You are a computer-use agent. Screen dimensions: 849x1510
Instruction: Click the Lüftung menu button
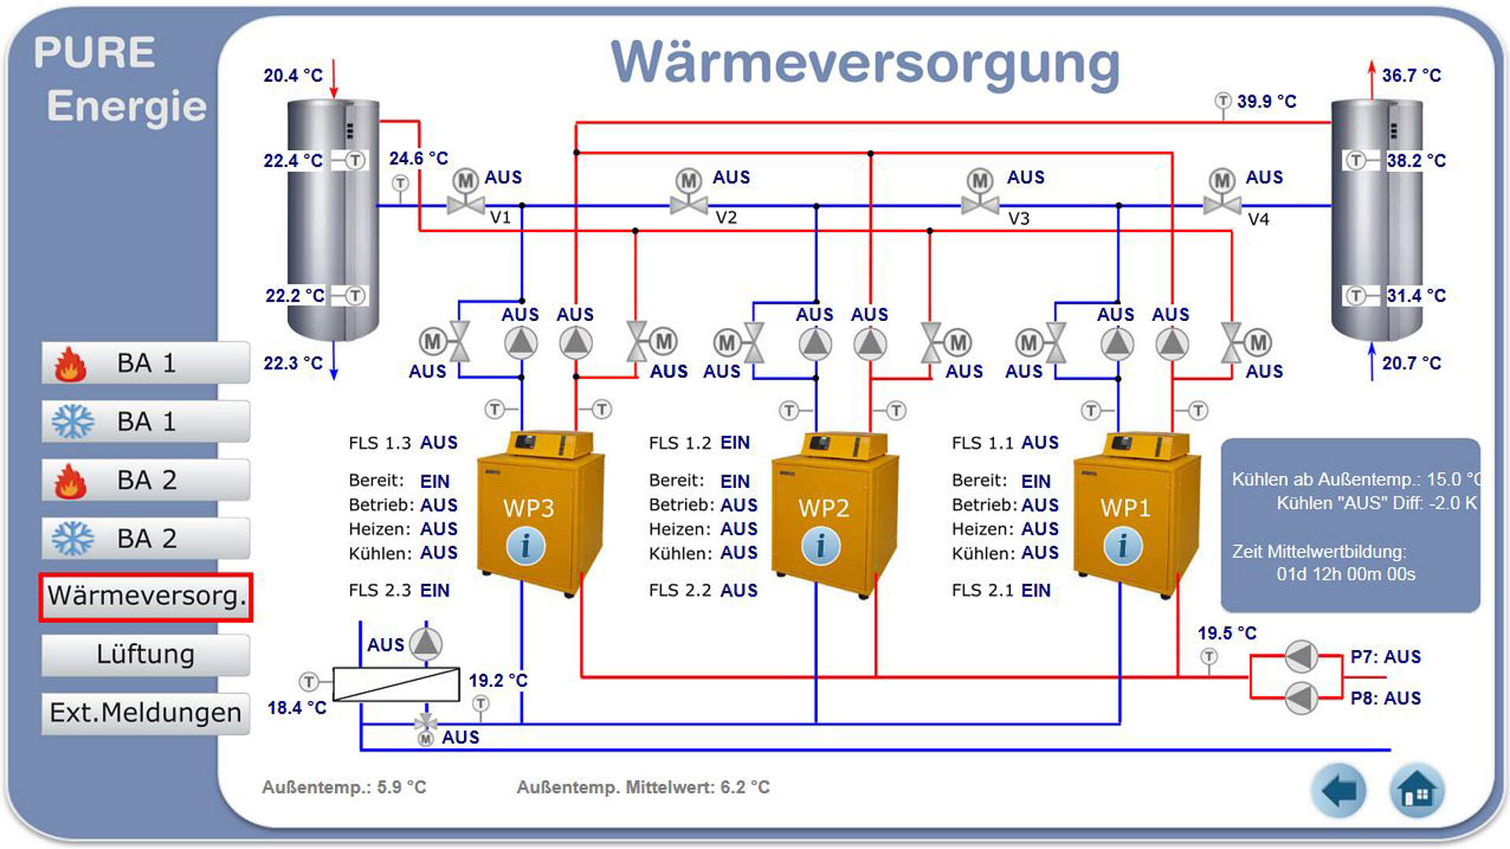[x=145, y=655]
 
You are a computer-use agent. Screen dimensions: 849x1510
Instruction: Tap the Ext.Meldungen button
[x=145, y=713]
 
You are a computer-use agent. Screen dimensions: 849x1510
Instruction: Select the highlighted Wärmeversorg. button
[x=145, y=596]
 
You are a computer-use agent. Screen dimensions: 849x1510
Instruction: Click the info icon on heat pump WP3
[x=525, y=546]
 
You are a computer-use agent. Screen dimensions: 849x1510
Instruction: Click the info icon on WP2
[x=820, y=546]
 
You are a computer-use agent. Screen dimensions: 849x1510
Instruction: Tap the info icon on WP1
[x=1122, y=546]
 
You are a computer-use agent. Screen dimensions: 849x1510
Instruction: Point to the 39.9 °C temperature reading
[x=1266, y=102]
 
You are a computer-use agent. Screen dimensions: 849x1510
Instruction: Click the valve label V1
[x=500, y=218]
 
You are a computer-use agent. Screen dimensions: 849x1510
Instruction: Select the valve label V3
[x=1018, y=219]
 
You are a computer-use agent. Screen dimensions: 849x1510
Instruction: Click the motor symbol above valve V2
[x=689, y=180]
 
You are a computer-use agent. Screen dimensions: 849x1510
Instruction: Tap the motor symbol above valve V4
[x=1221, y=180]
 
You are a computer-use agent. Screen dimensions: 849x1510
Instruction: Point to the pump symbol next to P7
[x=1301, y=656]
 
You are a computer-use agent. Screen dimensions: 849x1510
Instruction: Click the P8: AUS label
[x=1385, y=698]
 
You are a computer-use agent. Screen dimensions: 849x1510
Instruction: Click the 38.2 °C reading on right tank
[x=1416, y=161]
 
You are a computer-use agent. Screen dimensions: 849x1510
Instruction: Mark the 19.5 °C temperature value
[x=1227, y=633]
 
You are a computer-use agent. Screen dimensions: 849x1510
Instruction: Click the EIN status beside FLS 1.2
[x=735, y=443]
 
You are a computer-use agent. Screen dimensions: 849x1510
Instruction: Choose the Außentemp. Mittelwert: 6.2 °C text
[x=643, y=787]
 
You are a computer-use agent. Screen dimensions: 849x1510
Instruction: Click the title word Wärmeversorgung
[x=865, y=63]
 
